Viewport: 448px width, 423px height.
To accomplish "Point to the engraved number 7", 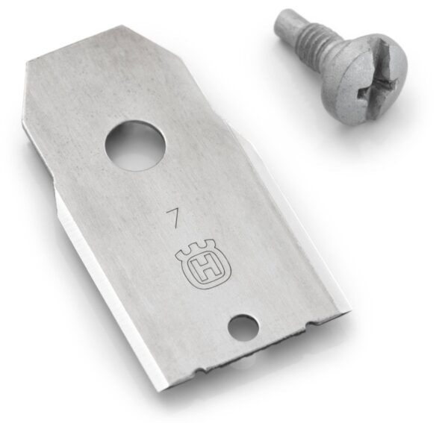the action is pos(173,219).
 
